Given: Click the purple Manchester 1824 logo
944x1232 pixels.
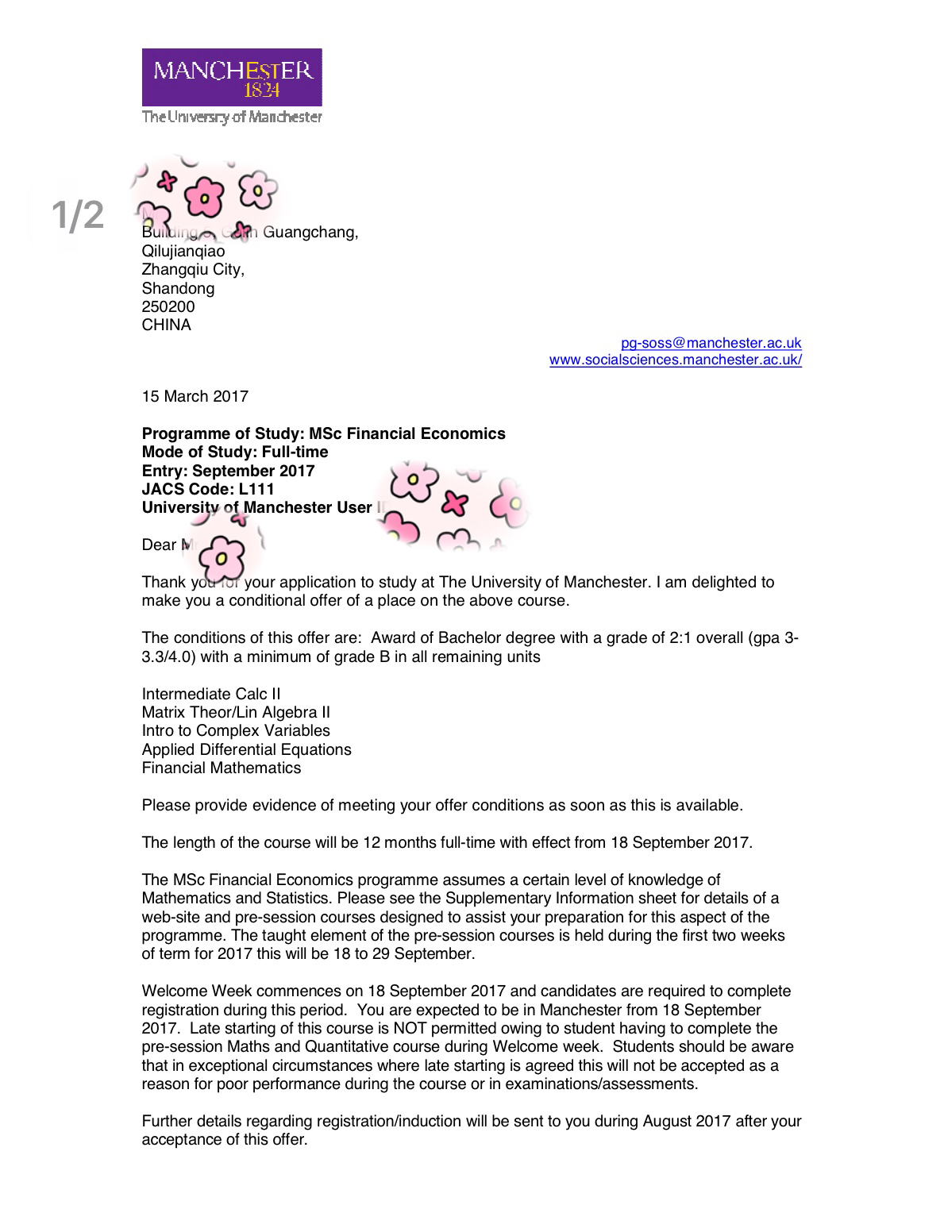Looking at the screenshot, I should pyautogui.click(x=232, y=77).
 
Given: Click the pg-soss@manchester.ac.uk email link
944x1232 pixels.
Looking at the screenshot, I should pyautogui.click(x=711, y=343).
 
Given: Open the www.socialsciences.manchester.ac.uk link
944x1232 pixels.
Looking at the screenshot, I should pyautogui.click(x=676, y=360).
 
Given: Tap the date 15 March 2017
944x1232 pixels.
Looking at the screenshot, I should pyautogui.click(x=195, y=396).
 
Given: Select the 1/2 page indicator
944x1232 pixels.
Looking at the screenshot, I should pyautogui.click(x=78, y=216).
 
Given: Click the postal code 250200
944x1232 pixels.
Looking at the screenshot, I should pyautogui.click(x=168, y=306).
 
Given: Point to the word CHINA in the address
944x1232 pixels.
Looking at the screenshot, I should pyautogui.click(x=166, y=325).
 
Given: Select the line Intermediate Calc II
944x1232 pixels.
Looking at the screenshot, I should pyautogui.click(x=210, y=694).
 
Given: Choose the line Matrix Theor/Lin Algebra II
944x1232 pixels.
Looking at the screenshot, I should pyautogui.click(x=236, y=712).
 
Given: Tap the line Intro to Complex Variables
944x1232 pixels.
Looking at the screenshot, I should pyautogui.click(x=236, y=730).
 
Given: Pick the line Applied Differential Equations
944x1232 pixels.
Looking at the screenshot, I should pyautogui.click(x=246, y=749).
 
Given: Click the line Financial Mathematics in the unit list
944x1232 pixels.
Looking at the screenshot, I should pyautogui.click(x=222, y=768).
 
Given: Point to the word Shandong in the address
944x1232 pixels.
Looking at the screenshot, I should pyautogui.click(x=178, y=288).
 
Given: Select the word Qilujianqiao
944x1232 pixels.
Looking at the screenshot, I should pyautogui.click(x=183, y=251).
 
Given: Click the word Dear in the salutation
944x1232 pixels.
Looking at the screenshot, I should pyautogui.click(x=159, y=545).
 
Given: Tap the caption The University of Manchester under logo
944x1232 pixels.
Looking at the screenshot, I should pyautogui.click(x=232, y=117).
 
